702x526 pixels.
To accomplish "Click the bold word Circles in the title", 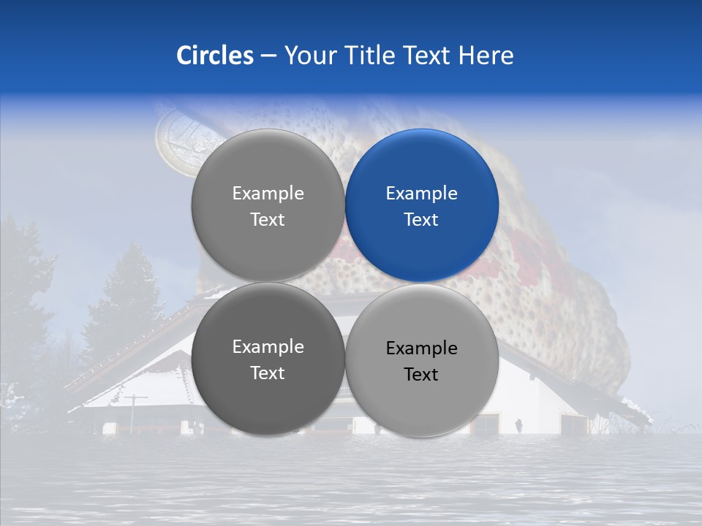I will point(214,56).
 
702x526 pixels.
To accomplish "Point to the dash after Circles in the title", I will point(268,56).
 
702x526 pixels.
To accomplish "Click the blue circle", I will point(421,205).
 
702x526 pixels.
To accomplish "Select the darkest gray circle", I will point(268,359).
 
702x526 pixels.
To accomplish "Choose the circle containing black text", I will point(421,360).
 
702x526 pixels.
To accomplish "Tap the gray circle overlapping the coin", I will point(268,205).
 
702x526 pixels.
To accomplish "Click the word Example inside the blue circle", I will point(421,193).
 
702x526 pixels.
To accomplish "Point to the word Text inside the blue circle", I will point(421,219).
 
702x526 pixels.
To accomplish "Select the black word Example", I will point(421,348).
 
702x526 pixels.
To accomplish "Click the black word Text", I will point(421,374).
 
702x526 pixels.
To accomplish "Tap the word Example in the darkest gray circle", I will point(268,346).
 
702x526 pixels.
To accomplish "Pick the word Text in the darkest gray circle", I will point(268,373).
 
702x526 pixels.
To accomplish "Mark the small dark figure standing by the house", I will point(518,424).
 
